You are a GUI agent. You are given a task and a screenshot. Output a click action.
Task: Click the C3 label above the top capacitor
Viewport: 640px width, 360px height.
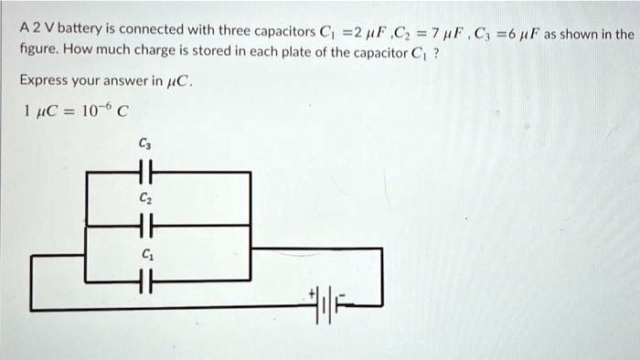point(144,143)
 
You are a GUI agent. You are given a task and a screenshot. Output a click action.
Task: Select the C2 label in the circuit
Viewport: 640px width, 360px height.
point(144,196)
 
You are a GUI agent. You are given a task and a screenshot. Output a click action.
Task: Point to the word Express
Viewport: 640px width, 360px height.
point(44,79)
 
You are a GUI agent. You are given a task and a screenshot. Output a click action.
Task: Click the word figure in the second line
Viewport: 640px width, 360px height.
point(39,51)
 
